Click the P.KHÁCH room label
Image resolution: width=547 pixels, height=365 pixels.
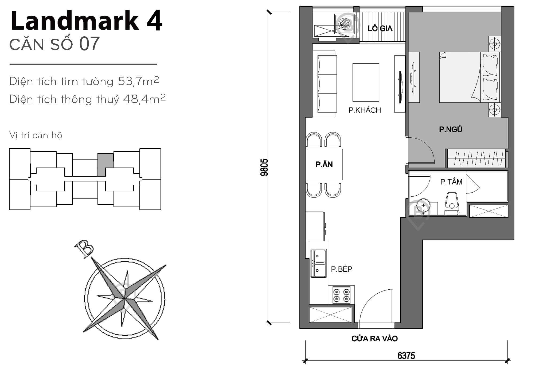[365, 110]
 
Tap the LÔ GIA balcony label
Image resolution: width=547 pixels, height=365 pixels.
[380, 28]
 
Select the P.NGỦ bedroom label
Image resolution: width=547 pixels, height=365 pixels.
[450, 129]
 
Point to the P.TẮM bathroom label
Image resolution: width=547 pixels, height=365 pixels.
[451, 182]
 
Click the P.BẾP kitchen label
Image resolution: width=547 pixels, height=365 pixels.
[341, 269]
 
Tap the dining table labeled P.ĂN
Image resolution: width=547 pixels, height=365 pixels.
[324, 165]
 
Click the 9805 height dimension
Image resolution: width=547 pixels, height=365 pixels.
[264, 167]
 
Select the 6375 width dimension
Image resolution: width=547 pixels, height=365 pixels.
[406, 356]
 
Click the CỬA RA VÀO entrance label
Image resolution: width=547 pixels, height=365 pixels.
[374, 339]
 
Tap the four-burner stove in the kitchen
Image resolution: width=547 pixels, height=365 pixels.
[341, 295]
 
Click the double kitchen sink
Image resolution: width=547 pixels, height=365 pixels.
[318, 263]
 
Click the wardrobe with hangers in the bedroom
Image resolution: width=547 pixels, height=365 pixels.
[477, 158]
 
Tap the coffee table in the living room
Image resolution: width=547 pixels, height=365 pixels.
[366, 82]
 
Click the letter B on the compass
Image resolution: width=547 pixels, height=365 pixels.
[84, 248]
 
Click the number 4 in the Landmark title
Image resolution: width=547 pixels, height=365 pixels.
[154, 21]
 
